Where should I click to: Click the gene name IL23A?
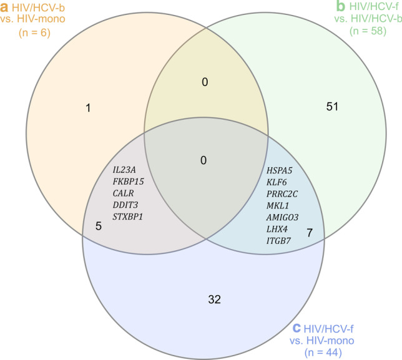(x=125, y=170)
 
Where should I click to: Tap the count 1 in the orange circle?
(x=89, y=109)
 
